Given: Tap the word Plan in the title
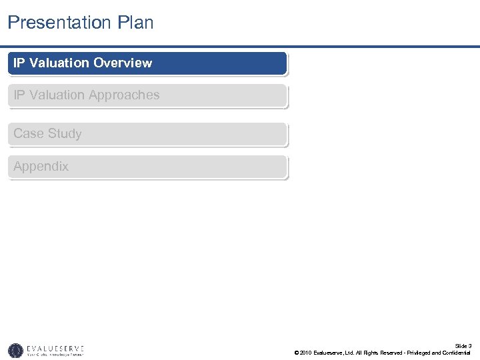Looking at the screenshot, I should point(136,23).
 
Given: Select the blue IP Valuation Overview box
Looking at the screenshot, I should point(147,63).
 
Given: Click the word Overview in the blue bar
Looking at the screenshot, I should point(123,63).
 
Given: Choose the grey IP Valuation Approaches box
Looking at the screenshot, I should point(147,95).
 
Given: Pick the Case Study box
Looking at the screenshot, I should point(147,134).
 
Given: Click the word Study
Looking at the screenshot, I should point(65,134).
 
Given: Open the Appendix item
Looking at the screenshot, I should point(41,167).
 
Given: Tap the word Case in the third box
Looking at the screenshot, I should point(29,134).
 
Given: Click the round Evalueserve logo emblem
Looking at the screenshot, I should point(15,350).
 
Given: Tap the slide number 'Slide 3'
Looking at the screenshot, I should point(463,345).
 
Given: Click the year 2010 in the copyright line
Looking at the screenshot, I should point(306,353).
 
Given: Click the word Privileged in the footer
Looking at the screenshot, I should point(415,353).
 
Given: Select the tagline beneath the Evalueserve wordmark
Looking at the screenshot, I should point(55,355).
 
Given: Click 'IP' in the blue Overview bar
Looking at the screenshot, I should point(19,63).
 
